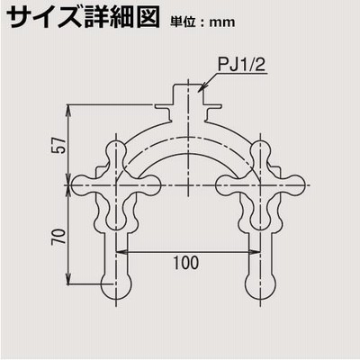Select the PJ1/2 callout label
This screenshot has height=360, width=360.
(241, 65)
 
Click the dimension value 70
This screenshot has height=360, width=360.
(58, 237)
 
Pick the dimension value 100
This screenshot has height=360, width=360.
(186, 263)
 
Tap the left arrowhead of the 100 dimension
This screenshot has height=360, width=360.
(121, 252)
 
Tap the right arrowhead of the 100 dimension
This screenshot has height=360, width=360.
(254, 252)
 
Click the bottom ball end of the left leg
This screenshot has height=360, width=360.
(115, 284)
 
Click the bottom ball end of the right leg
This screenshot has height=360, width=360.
(260, 284)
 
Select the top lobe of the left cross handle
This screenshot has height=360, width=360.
(116, 150)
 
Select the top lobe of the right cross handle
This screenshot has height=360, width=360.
(260, 150)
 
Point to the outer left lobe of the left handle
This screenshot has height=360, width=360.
(83, 185)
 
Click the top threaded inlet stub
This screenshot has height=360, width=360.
(188, 94)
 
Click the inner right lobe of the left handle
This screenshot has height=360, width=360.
(148, 185)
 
